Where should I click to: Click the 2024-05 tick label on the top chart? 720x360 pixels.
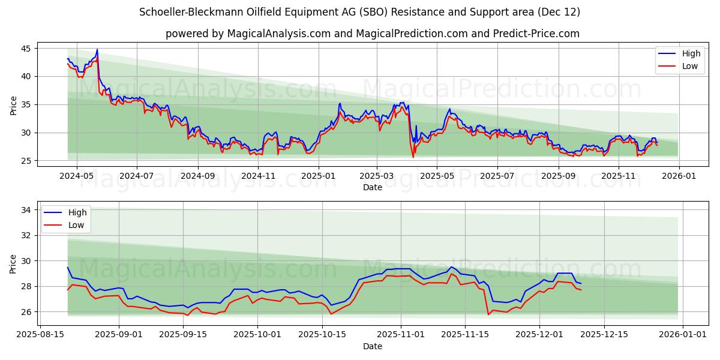[x=76, y=176]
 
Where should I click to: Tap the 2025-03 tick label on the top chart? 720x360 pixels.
[x=377, y=176]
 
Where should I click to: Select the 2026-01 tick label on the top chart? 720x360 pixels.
[x=679, y=176]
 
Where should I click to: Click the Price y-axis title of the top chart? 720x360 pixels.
[x=13, y=106]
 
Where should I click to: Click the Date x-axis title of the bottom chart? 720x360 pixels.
[x=372, y=346]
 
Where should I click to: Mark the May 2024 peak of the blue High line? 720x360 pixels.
[x=97, y=50]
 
